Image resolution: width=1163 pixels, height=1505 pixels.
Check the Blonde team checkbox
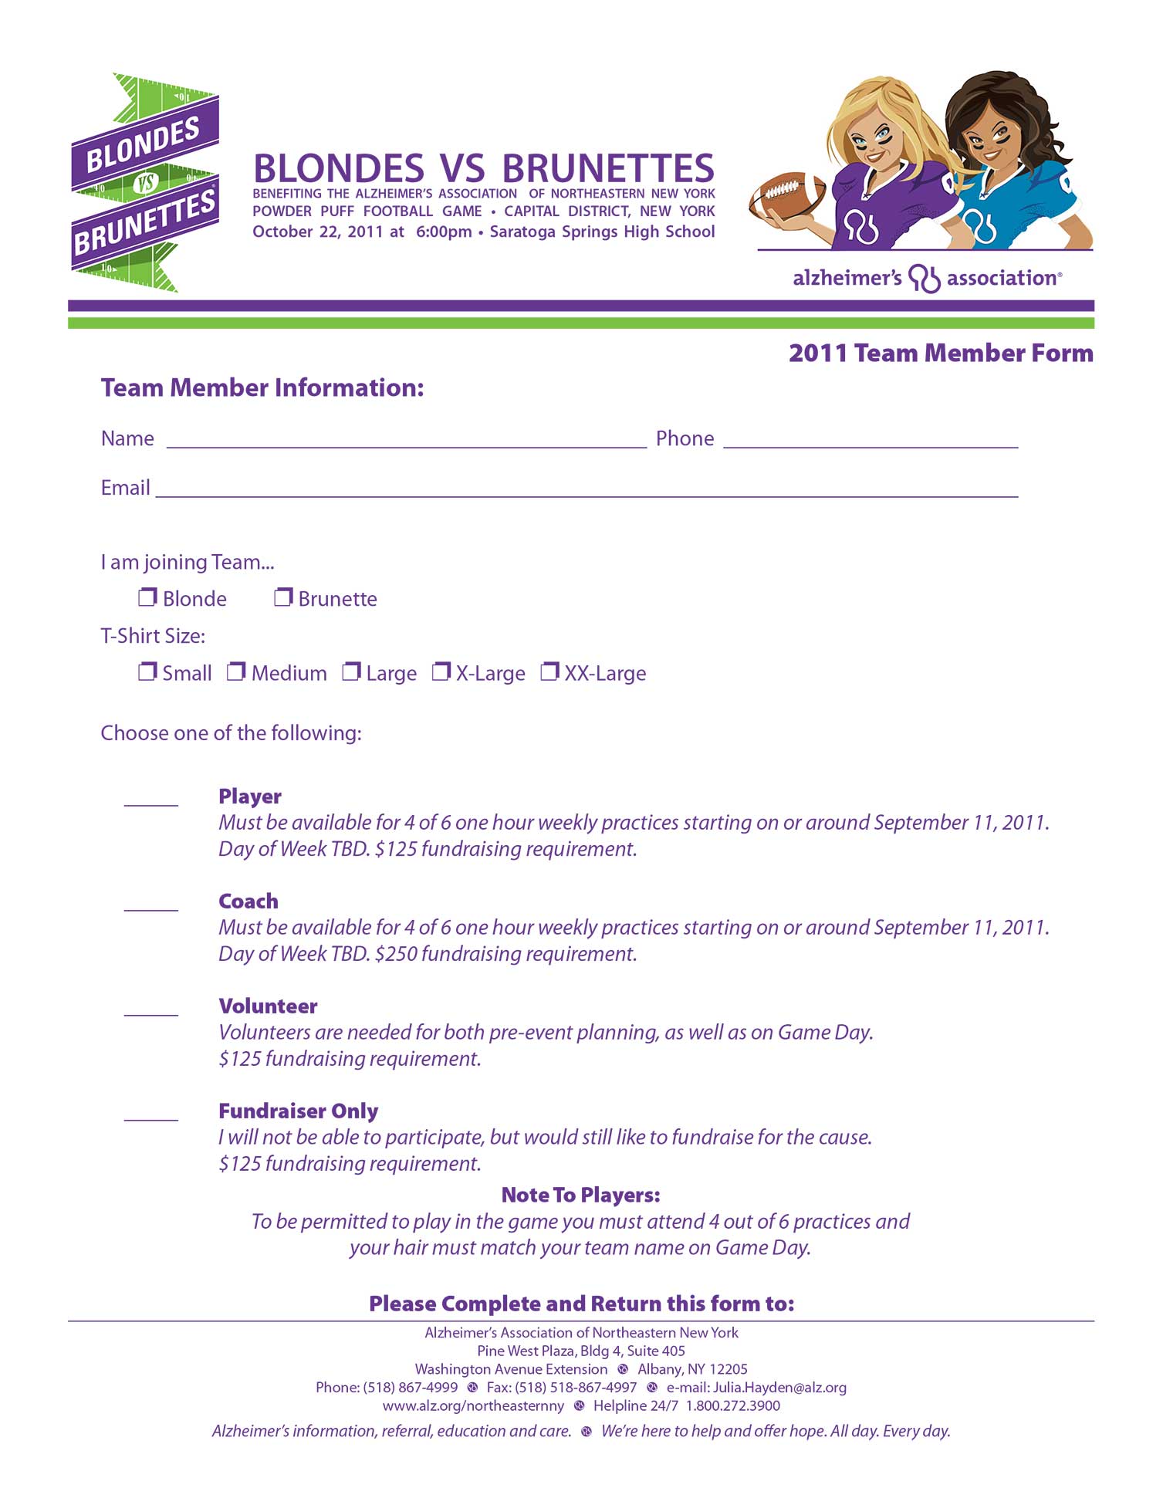pos(147,597)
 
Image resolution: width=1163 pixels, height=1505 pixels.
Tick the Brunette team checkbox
pos(283,597)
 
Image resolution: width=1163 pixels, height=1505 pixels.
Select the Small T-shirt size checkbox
pos(147,671)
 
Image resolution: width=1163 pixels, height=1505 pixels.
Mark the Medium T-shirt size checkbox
pos(236,671)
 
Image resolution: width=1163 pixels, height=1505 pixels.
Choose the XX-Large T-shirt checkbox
pos(549,671)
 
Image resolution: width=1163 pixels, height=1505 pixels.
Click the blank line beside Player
pos(151,803)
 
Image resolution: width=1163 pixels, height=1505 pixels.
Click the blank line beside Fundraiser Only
pos(151,1118)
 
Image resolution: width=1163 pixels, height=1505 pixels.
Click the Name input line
pos(406,444)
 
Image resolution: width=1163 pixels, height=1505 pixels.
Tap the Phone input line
pos(871,444)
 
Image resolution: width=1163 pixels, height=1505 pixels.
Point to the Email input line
pos(587,494)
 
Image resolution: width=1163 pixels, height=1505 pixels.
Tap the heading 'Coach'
pos(248,901)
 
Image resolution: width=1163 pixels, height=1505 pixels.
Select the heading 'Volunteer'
pos(268,1006)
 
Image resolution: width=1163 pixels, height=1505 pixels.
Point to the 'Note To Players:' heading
pos(581,1196)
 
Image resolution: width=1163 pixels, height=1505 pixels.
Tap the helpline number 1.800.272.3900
pos(733,1406)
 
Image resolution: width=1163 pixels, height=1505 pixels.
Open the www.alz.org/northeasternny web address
pos(473,1406)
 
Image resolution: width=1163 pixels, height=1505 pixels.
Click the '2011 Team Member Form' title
pos(941,353)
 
